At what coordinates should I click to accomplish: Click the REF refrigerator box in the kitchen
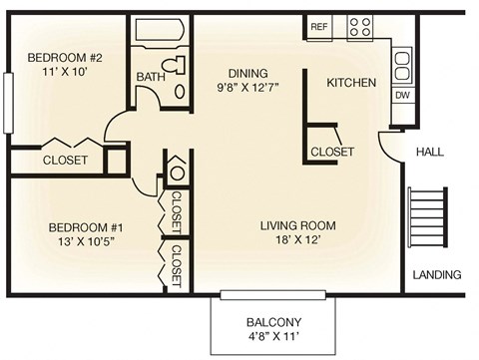coord(320,27)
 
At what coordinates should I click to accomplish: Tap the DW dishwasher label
coord(401,96)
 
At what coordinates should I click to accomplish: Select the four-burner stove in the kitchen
coord(359,28)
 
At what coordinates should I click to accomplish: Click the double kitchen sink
coord(401,66)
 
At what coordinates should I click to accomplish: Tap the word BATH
coord(151,76)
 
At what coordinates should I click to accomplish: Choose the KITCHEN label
coord(351,83)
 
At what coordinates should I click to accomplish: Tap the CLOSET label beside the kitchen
coord(332,152)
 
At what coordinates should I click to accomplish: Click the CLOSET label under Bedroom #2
coord(65,160)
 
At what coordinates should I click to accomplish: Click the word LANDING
coord(438,274)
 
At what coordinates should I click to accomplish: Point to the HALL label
coord(429,152)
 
